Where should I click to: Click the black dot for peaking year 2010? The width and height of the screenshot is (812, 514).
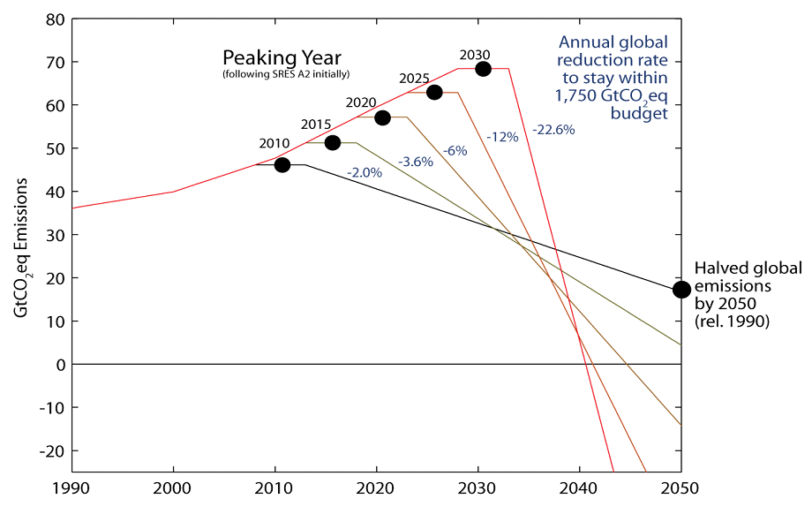tap(282, 165)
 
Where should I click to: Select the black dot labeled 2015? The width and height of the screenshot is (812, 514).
tap(333, 143)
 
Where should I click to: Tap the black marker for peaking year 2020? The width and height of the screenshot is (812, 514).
tap(382, 117)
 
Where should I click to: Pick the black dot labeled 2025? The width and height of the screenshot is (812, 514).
tap(434, 93)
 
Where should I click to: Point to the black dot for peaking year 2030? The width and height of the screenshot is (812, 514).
tap(483, 69)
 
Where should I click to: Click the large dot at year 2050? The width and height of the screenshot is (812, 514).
tap(681, 290)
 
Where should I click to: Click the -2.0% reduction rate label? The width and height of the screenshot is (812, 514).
tap(364, 173)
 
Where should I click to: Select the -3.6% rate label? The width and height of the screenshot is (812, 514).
tap(415, 162)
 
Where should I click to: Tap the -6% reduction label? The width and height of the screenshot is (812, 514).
tap(455, 151)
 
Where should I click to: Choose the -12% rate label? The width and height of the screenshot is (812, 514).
tap(502, 137)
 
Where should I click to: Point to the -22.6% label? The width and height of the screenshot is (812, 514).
tap(553, 130)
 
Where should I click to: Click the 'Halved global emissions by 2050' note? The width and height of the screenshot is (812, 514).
tap(748, 296)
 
